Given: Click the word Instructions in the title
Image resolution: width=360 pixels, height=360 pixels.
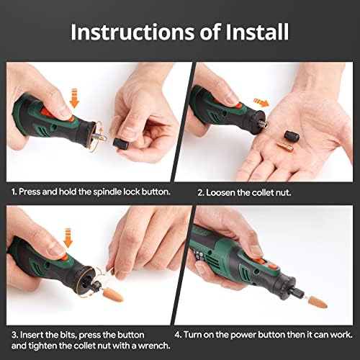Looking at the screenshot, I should coord(139,32).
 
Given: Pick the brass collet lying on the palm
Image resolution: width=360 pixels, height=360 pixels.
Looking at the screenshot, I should coord(283,146).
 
